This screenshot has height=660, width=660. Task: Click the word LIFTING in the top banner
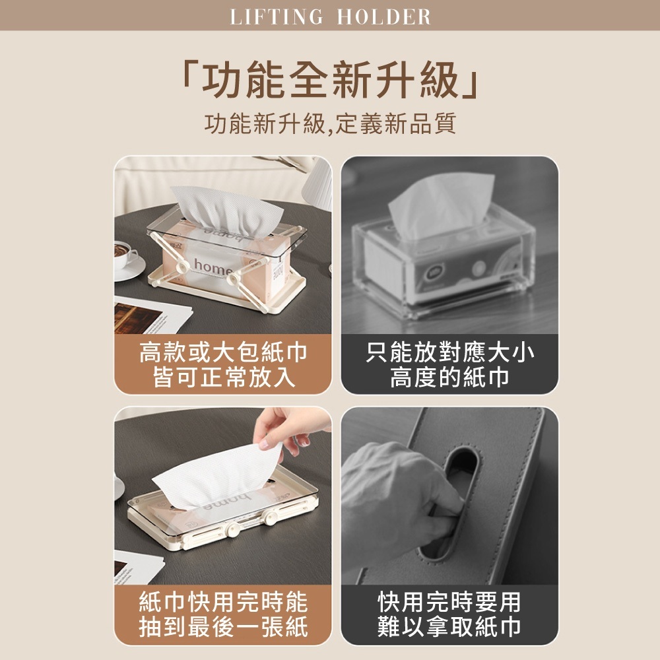[277, 16]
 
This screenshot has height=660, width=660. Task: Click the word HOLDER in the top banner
[383, 16]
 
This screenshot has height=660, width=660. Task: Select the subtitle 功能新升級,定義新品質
[330, 123]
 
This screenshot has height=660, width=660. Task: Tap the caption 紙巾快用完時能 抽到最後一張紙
[223, 614]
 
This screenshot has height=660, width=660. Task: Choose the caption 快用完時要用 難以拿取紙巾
[449, 614]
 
